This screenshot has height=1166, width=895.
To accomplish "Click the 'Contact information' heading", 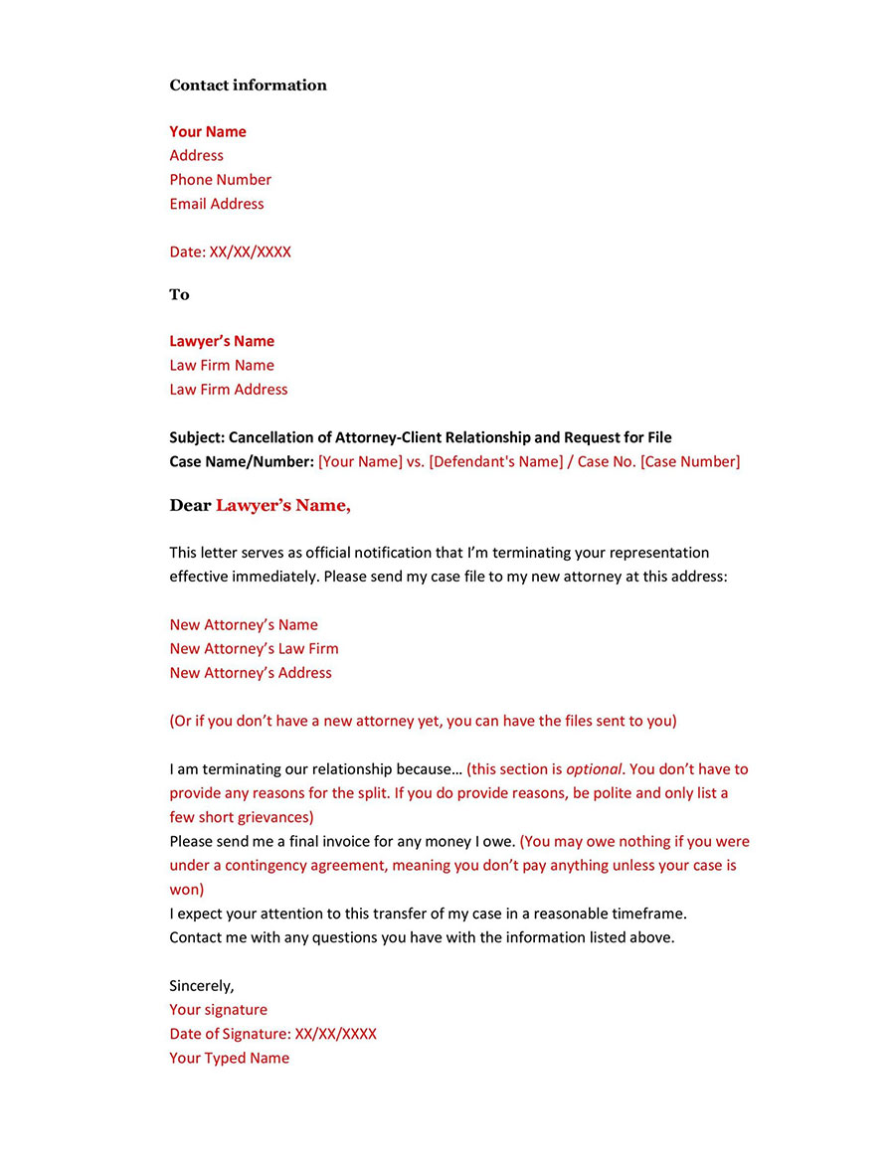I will (x=248, y=85).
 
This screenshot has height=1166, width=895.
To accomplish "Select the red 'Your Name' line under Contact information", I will (x=207, y=132).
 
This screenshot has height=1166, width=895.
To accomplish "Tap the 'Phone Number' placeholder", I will (x=220, y=180).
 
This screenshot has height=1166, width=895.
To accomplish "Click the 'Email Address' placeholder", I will (x=217, y=204).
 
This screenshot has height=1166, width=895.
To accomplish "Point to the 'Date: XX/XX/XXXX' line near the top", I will (x=230, y=252).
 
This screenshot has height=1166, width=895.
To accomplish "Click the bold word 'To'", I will (x=179, y=295).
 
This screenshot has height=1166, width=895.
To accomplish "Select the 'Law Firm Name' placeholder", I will (x=221, y=366).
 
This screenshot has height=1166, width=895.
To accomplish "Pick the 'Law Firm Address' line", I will (x=228, y=390).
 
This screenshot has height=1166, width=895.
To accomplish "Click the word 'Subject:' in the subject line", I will (x=197, y=437).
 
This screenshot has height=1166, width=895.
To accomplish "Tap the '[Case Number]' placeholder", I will (x=690, y=462).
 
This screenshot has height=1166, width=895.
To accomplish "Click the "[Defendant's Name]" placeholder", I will (x=495, y=462).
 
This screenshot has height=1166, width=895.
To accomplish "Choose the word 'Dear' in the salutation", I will (x=190, y=506).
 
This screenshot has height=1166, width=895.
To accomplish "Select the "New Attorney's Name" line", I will (x=244, y=625).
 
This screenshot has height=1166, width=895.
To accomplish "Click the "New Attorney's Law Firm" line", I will (x=254, y=649).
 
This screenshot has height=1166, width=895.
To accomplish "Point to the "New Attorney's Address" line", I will (x=251, y=673).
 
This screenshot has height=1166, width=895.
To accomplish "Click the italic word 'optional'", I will (x=594, y=769).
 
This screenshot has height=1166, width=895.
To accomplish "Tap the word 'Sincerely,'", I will (x=202, y=986).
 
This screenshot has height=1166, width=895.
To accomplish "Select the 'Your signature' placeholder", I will (x=218, y=1010).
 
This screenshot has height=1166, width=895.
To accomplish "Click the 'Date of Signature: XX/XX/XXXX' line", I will (x=272, y=1034).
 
